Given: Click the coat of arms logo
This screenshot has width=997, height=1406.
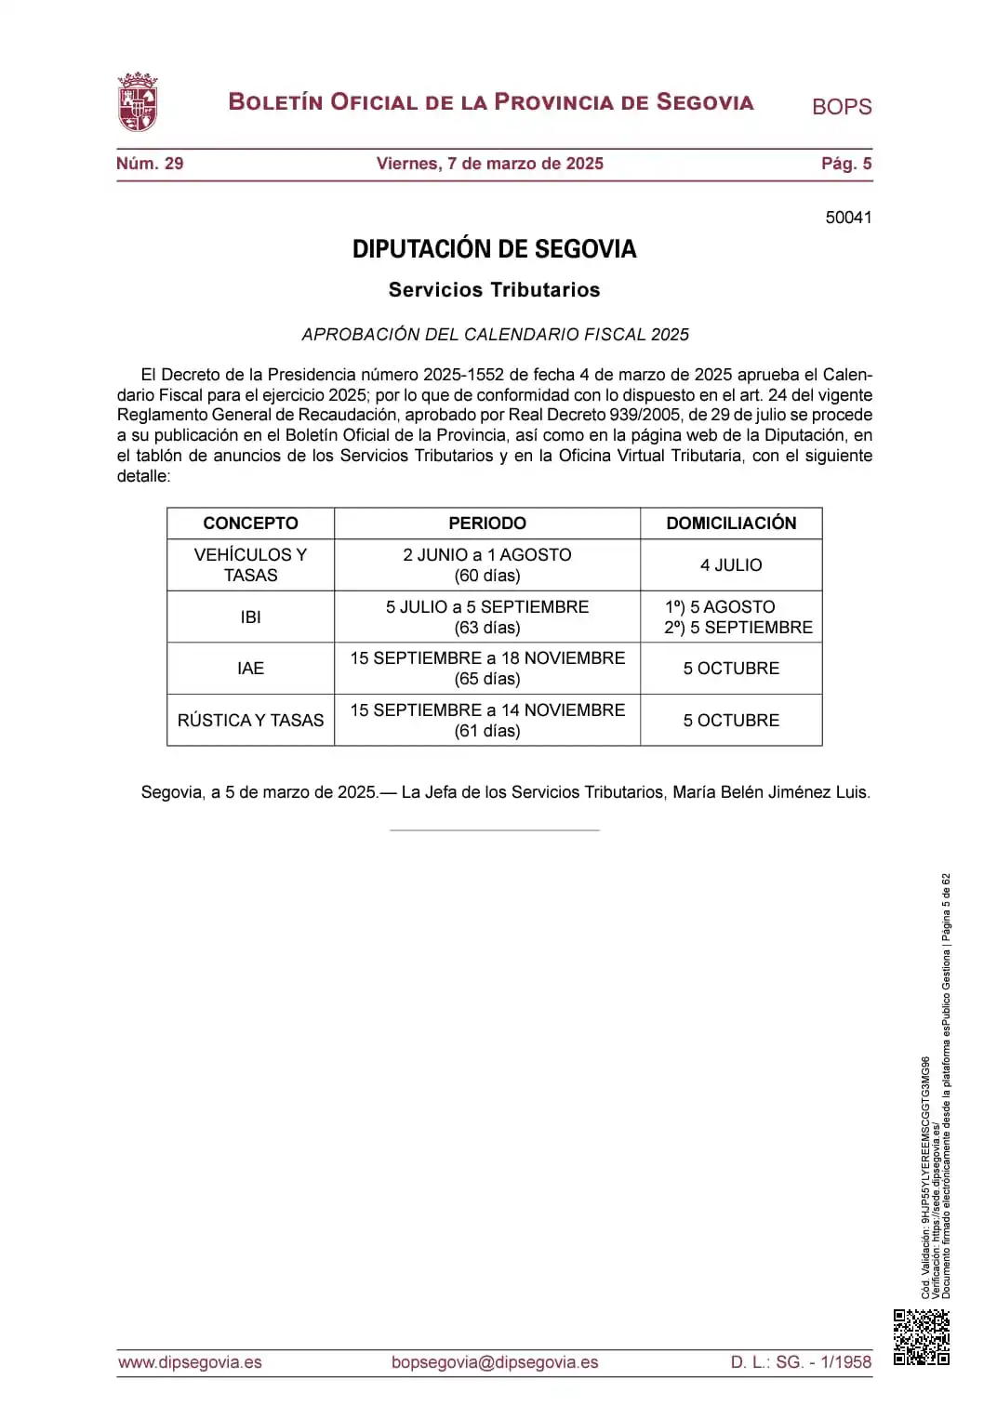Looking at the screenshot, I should pyautogui.click(x=137, y=102).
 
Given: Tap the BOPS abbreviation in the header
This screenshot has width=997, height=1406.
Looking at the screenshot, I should pyautogui.click(x=841, y=107).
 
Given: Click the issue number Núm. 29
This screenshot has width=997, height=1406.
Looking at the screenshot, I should pyautogui.click(x=150, y=164).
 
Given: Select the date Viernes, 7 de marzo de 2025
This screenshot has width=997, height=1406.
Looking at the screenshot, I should pyautogui.click(x=489, y=164).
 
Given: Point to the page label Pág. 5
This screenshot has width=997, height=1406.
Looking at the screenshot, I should pyautogui.click(x=845, y=164).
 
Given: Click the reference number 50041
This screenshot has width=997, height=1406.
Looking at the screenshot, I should pyautogui.click(x=848, y=218).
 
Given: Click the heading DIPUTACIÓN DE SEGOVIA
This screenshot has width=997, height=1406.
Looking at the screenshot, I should pyautogui.click(x=494, y=249).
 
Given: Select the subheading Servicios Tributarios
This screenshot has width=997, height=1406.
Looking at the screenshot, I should pyautogui.click(x=494, y=290).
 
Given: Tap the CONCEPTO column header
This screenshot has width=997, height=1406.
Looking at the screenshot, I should pyautogui.click(x=250, y=524).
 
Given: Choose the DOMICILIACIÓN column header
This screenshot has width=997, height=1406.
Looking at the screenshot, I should pyautogui.click(x=731, y=524).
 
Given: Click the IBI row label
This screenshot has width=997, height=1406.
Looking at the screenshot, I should pyautogui.click(x=250, y=617).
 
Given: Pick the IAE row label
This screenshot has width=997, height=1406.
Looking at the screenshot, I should pyautogui.click(x=250, y=669).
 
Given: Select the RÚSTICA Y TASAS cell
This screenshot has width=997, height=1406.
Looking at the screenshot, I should pyautogui.click(x=250, y=721).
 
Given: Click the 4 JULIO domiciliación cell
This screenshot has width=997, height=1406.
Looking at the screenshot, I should pyautogui.click(x=731, y=565).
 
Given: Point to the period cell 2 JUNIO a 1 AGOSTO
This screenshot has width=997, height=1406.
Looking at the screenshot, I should pyautogui.click(x=486, y=564).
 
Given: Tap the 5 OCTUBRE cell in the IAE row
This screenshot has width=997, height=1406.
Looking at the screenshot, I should pyautogui.click(x=731, y=669).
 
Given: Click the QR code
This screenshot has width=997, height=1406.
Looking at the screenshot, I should pyautogui.click(x=921, y=1337).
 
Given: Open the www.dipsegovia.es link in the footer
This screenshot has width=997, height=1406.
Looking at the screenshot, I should pyautogui.click(x=190, y=1362).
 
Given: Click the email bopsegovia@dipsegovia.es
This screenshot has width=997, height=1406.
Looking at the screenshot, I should pyautogui.click(x=494, y=1362).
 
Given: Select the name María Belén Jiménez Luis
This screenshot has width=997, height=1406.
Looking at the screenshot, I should pyautogui.click(x=770, y=792).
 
